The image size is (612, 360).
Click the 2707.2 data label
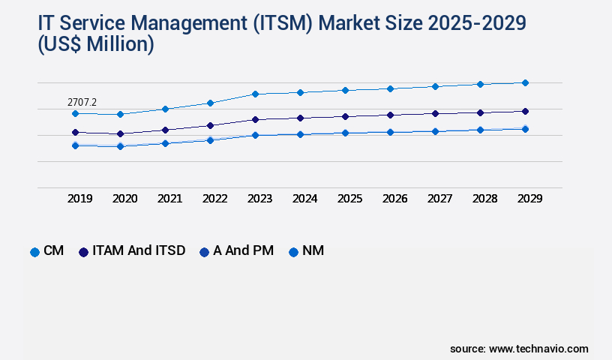click(x=82, y=101)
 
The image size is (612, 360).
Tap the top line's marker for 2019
click(x=75, y=113)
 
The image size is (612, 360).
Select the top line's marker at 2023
click(x=255, y=94)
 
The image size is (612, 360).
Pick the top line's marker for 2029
click(x=525, y=82)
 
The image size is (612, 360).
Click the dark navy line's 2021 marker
click(x=165, y=130)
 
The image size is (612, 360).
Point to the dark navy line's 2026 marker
click(x=390, y=115)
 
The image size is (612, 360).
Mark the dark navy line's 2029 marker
click(x=525, y=111)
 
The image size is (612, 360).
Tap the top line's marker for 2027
click(x=435, y=86)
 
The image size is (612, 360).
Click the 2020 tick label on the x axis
click(x=124, y=199)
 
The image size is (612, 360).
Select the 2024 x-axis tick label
click(x=304, y=199)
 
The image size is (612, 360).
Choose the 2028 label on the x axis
click(x=484, y=199)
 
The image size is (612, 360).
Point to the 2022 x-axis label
click(x=214, y=199)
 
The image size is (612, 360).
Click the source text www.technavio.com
click(x=538, y=349)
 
